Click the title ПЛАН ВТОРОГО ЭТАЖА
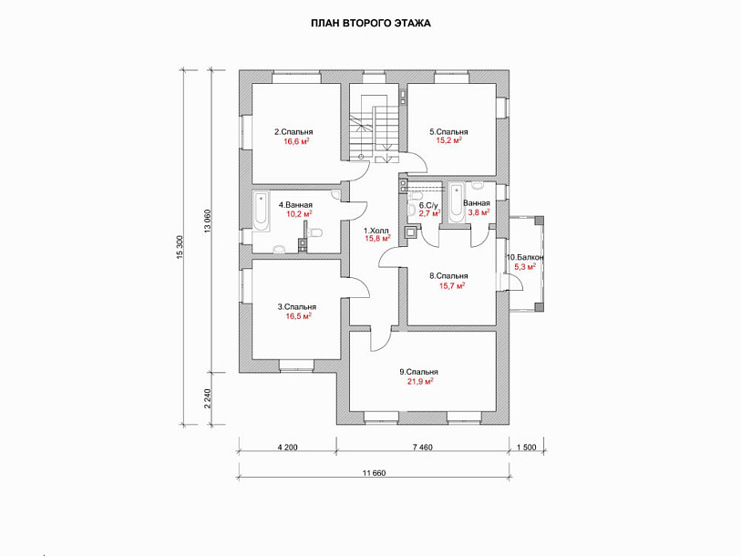(x=371, y=23)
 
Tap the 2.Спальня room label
(x=293, y=132)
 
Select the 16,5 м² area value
(x=298, y=315)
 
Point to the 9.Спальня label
(x=418, y=372)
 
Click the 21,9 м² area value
(x=420, y=382)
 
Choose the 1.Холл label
(x=376, y=231)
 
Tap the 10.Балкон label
(x=525, y=258)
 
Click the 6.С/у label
(x=428, y=206)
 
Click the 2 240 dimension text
(x=208, y=398)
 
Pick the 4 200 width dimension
(x=287, y=448)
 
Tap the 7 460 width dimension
(x=422, y=448)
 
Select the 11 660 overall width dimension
(x=374, y=473)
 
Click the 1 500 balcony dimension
(x=527, y=448)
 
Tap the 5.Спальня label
(x=448, y=132)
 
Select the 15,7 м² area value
(x=452, y=285)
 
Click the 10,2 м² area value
(x=299, y=213)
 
